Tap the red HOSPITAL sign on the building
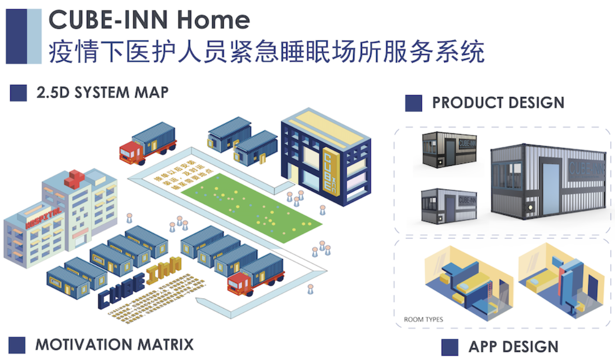[44, 218]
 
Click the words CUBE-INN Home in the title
[149, 20]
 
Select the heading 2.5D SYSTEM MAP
[102, 92]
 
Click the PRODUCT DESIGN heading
[498, 103]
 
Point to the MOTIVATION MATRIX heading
[114, 344]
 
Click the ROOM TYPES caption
[423, 319]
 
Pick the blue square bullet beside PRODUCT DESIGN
[413, 103]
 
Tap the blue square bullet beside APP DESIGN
[449, 347]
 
